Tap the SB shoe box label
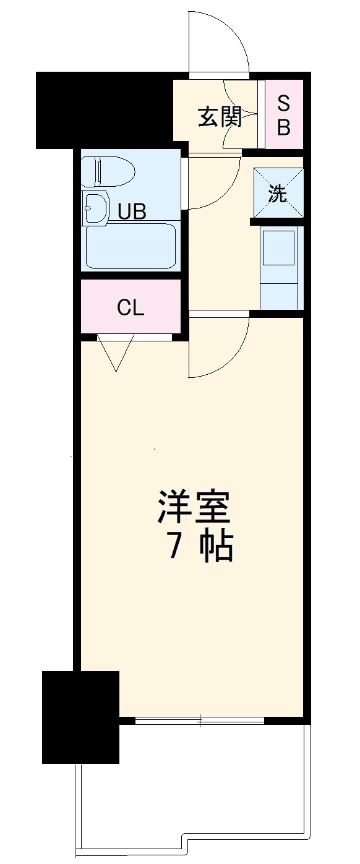pyautogui.click(x=283, y=114)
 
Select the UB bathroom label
pyautogui.click(x=132, y=212)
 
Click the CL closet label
pyautogui.click(x=131, y=307)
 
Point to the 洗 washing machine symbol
pyautogui.click(x=278, y=194)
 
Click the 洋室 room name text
pyautogui.click(x=192, y=508)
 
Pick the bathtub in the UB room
pyautogui.click(x=131, y=246)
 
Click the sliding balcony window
pyautogui.click(x=199, y=720)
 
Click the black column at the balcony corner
pyautogui.click(x=80, y=716)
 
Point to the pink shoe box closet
pyautogui.click(x=284, y=114)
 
